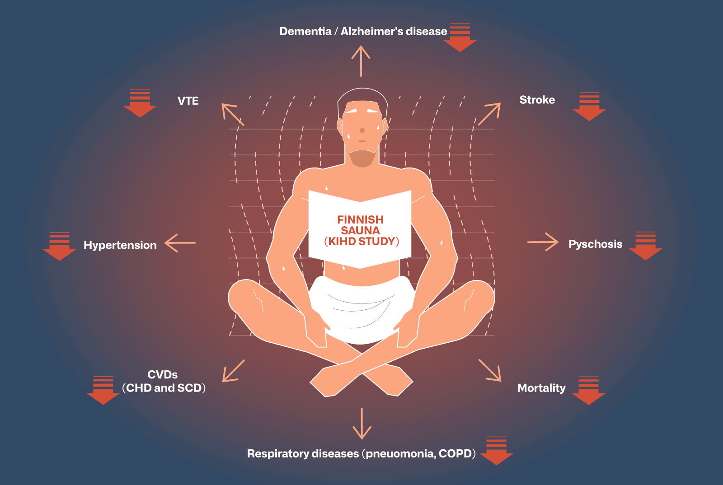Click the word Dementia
point(305,32)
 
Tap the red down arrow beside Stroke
point(589,107)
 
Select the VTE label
point(188,101)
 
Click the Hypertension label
point(120,245)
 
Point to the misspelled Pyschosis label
point(595,244)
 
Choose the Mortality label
point(541,388)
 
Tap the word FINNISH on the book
point(360,220)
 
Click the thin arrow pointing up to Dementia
point(361,61)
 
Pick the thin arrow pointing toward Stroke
point(489,114)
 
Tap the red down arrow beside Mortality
point(588,391)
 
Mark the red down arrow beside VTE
point(140,103)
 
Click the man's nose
point(362,130)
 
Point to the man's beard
point(362,158)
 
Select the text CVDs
point(163,375)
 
